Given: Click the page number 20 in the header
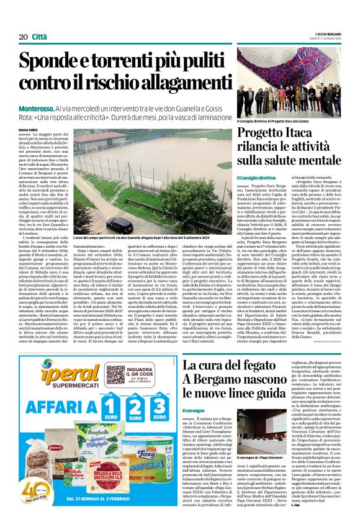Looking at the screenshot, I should [x=24, y=37].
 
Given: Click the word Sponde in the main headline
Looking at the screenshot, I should [x=54, y=63].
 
